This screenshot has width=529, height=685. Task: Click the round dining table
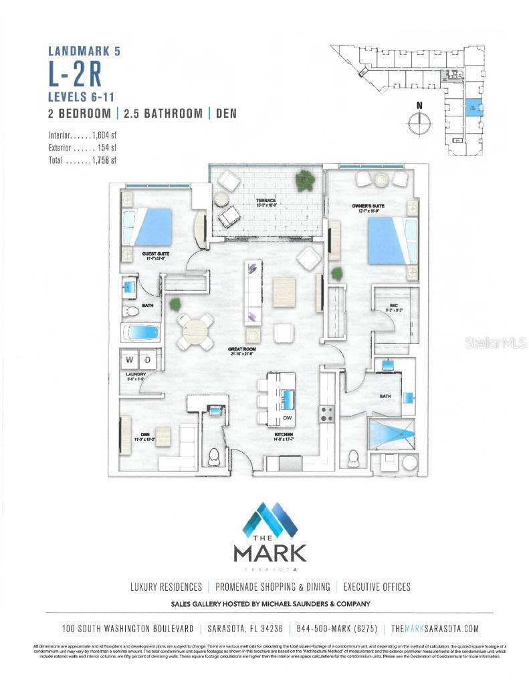click(196, 330)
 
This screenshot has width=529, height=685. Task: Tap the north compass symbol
click(419, 122)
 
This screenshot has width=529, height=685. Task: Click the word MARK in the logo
click(270, 553)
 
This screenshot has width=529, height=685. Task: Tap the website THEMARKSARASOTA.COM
click(434, 628)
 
